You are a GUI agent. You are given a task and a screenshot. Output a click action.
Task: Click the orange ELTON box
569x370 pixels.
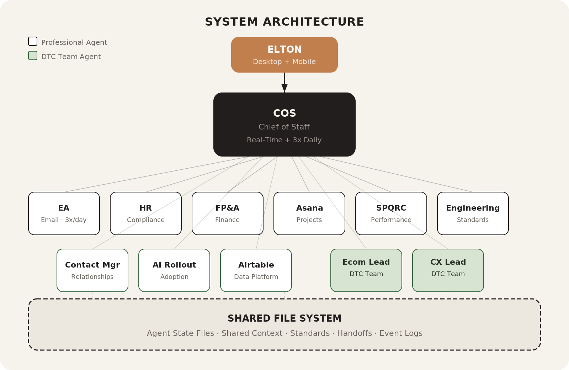[284, 55]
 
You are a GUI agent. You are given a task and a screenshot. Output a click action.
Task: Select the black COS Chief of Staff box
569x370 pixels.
[284, 124]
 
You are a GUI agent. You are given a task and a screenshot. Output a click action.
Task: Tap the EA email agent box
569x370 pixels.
[64, 213]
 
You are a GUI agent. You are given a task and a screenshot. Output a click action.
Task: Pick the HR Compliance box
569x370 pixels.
[146, 213]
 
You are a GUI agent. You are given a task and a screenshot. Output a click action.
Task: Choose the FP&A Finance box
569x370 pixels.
[228, 213]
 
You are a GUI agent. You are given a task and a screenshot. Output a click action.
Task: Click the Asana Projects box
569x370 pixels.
[309, 213]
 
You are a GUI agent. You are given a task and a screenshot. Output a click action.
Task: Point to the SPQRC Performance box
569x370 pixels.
[391, 213]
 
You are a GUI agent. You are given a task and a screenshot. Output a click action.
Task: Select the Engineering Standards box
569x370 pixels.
[473, 213]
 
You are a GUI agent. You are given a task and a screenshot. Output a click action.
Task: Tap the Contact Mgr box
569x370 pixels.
[92, 270]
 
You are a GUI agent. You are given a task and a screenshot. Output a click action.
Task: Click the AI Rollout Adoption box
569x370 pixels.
[174, 270]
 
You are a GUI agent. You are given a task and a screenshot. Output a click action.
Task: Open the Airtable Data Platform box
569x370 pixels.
[256, 270]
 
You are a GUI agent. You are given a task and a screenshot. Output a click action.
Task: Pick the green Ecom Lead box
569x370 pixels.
[366, 270]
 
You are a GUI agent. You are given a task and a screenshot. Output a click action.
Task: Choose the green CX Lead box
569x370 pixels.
[448, 270]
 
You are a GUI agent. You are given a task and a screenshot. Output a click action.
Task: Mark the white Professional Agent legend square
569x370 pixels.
[33, 41]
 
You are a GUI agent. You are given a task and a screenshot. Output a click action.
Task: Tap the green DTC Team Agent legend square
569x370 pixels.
[33, 55]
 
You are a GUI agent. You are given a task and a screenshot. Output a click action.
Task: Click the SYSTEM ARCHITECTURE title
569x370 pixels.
[284, 22]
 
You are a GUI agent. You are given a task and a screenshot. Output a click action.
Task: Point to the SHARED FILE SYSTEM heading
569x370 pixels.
[284, 318]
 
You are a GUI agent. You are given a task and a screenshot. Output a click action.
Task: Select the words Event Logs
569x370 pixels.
[401, 333]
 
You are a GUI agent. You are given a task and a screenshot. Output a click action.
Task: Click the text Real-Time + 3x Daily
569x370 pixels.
[284, 140]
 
